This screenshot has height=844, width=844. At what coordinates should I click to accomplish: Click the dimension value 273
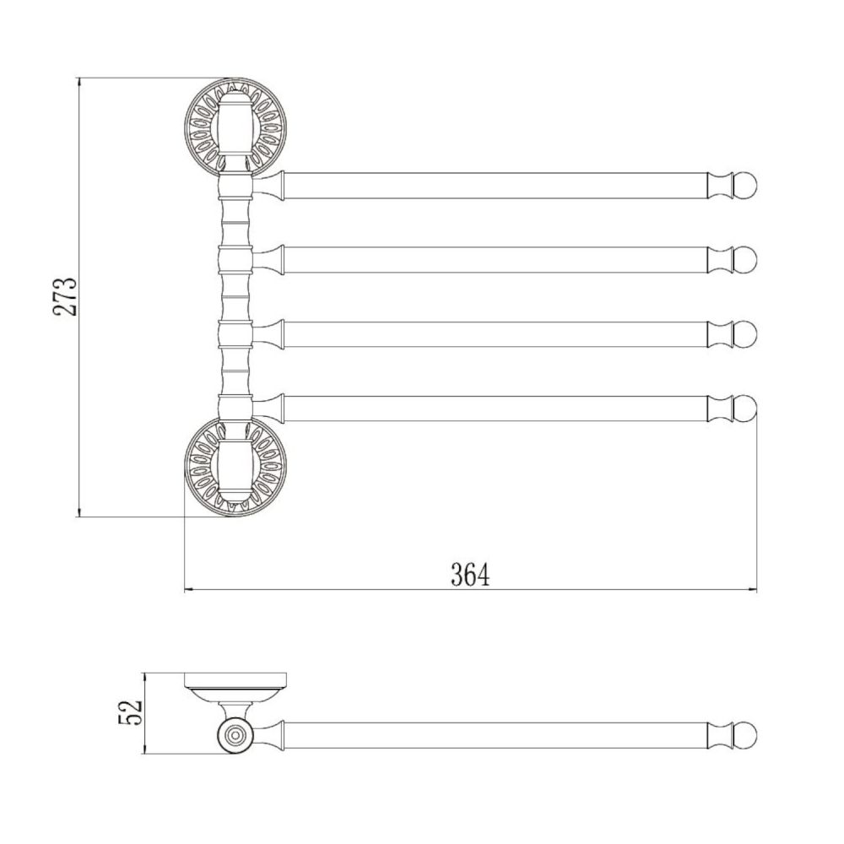[66, 296]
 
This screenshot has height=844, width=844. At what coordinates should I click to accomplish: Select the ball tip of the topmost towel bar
[746, 185]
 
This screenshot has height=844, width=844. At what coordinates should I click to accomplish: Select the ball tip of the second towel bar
[746, 259]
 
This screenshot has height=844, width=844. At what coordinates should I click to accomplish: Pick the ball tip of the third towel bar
[746, 333]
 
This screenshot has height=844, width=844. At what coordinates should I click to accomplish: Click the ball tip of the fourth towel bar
[746, 408]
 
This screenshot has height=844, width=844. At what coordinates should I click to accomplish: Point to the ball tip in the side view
[746, 735]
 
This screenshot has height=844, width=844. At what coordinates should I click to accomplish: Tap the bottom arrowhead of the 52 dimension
[146, 751]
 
